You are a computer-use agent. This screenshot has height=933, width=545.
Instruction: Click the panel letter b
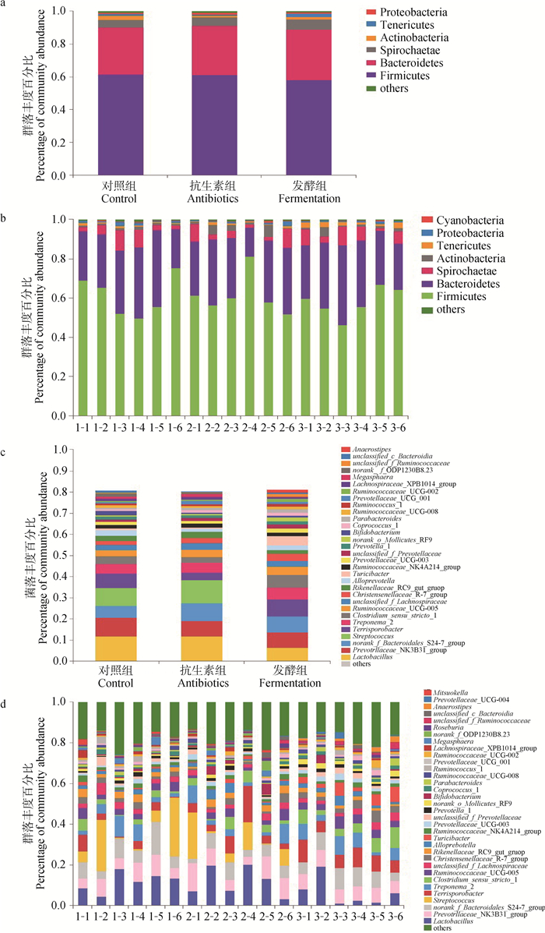(x=7, y=212)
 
